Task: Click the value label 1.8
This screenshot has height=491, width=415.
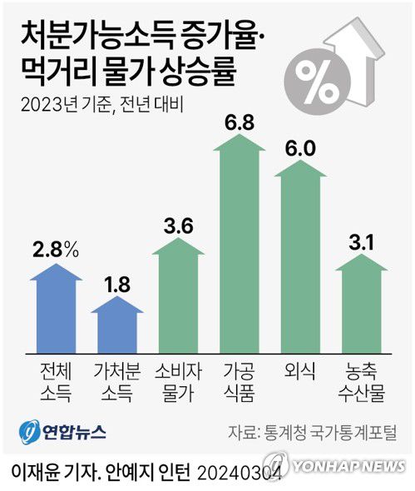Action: pos(117,285)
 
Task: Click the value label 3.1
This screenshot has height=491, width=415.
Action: pos(362,242)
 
